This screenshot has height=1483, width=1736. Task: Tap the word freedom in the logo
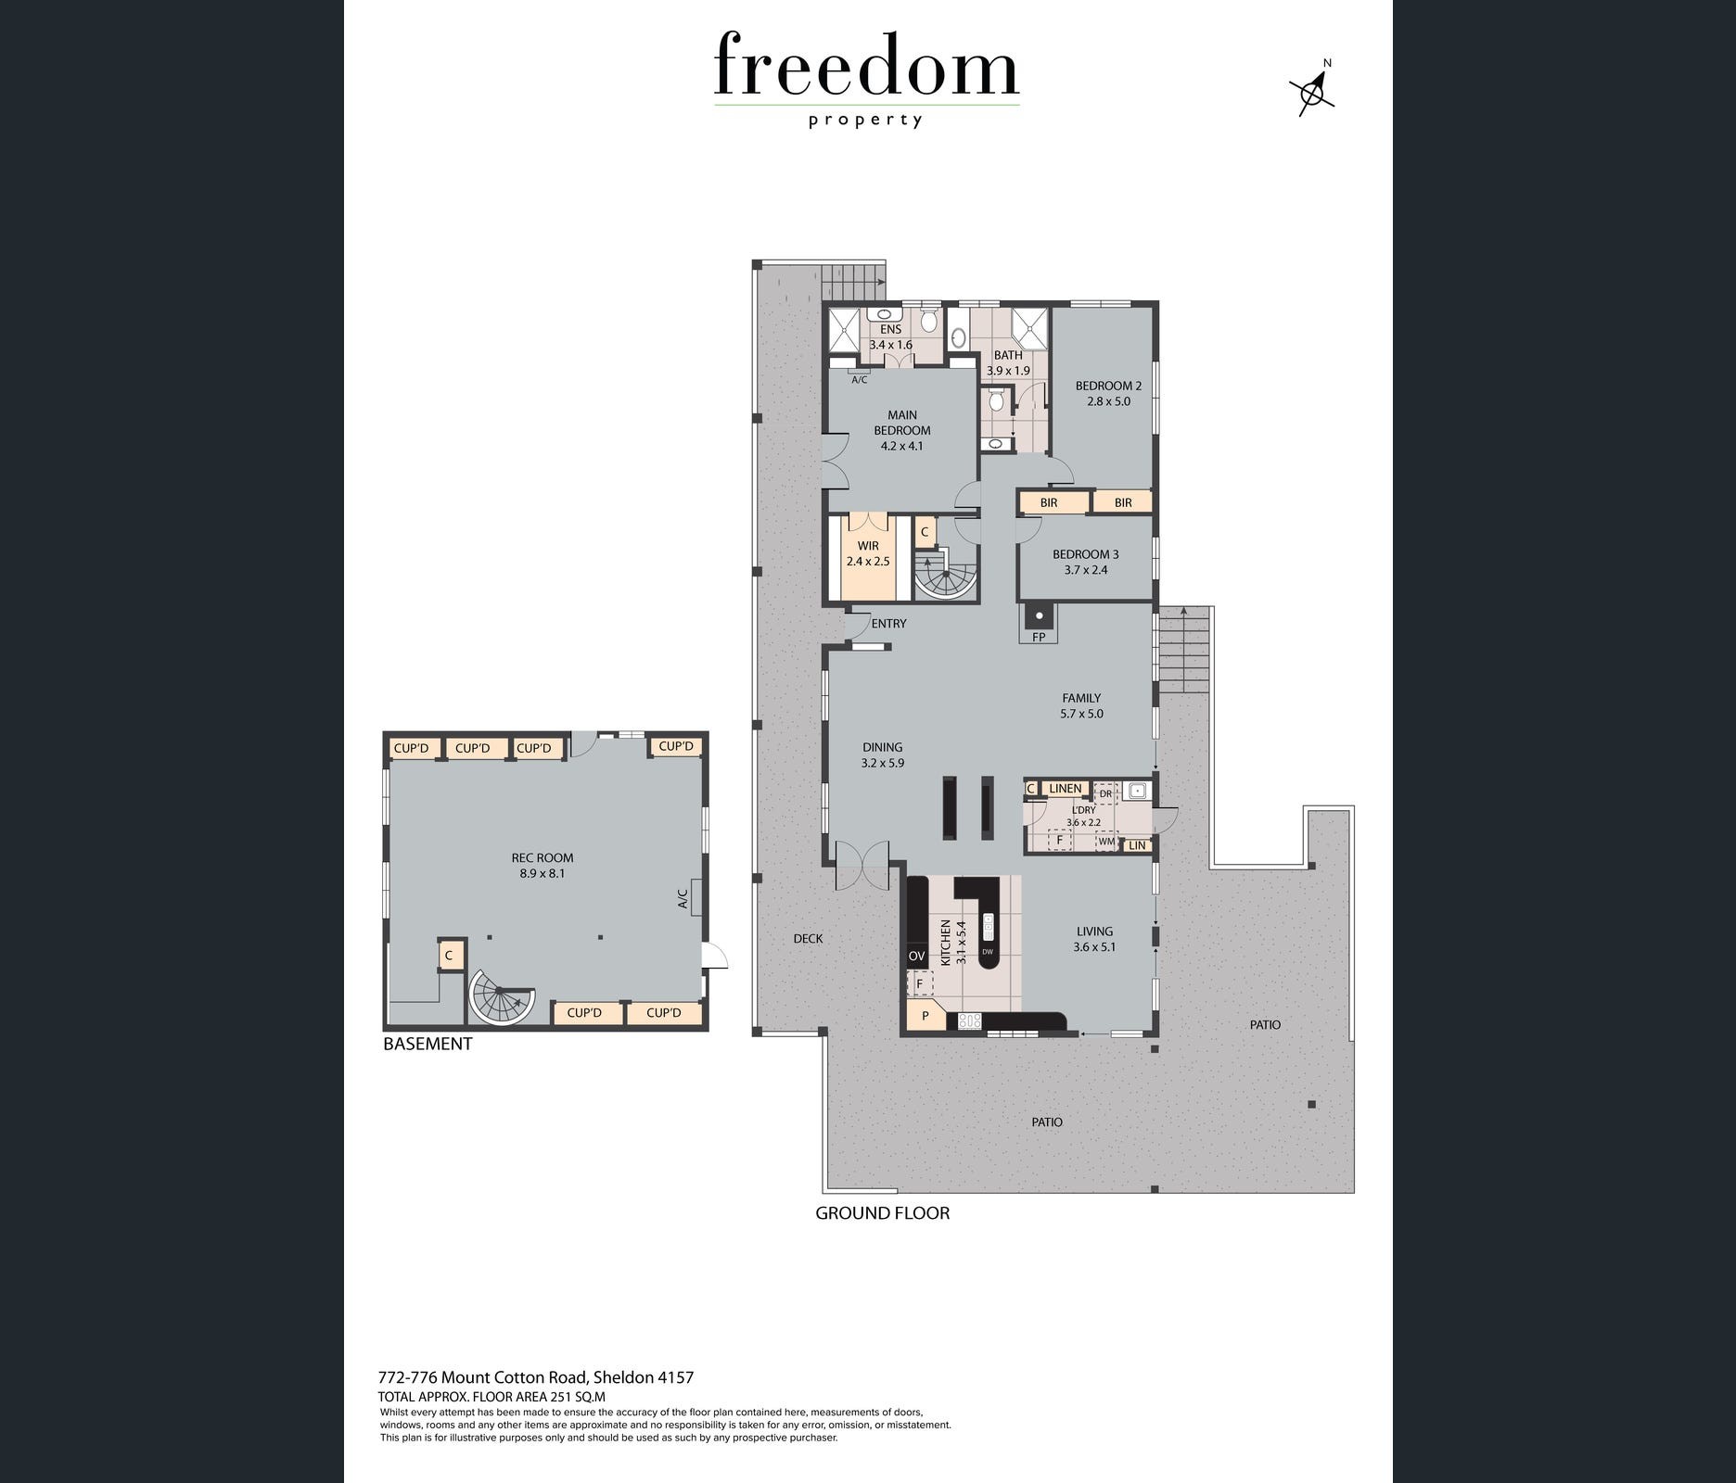[866, 65]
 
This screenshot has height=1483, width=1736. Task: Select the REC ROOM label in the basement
[542, 857]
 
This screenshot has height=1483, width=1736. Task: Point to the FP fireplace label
[1039, 637]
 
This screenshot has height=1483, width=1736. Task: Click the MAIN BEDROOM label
[901, 423]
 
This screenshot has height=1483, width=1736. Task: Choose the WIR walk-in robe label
[868, 546]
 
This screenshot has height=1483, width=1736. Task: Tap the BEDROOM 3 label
[1086, 554]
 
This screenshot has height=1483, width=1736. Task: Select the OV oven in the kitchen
[916, 956]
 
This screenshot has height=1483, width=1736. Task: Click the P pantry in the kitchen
[925, 1016]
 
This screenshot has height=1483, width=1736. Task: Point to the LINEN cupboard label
[1066, 789]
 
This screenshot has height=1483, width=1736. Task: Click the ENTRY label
[888, 624]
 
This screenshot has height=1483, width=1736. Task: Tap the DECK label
[808, 938]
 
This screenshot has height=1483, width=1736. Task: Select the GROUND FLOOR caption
[882, 1212]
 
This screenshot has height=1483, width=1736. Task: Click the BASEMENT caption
[428, 1044]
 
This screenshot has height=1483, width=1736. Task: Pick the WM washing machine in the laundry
[1105, 843]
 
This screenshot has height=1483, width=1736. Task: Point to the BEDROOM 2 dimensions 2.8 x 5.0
[1108, 401]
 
